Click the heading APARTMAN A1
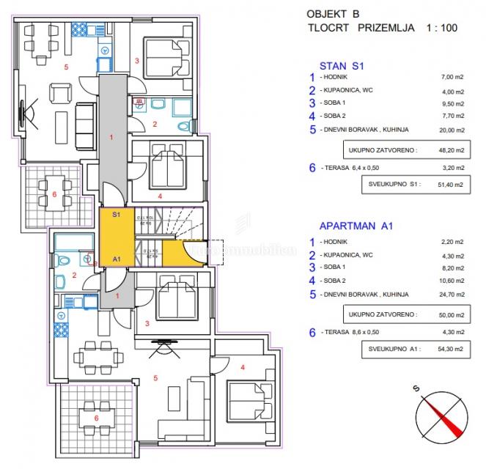[x=357, y=226]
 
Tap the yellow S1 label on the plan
[x=116, y=215]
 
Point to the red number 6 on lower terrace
[x=96, y=418]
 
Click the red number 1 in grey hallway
[x=111, y=137]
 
